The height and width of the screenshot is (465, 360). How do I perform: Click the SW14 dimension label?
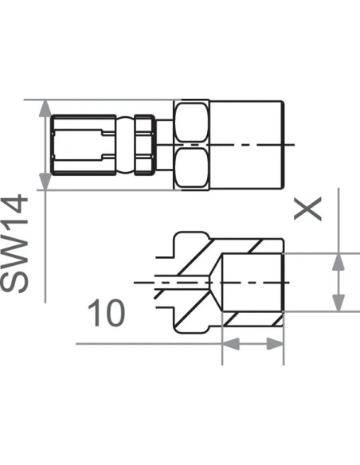coord(14,244)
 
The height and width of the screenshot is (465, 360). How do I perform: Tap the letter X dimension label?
coord(307,209)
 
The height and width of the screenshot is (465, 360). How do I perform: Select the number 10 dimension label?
coord(107,313)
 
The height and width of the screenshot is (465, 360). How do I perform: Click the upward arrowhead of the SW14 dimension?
coord(45,108)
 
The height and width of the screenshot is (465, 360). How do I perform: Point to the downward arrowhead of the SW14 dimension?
coord(45,182)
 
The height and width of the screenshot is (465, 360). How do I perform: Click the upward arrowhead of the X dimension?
coord(338,262)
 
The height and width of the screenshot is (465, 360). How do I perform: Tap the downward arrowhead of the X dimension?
coord(338,303)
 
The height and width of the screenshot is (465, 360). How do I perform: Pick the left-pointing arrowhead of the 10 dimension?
coord(231,344)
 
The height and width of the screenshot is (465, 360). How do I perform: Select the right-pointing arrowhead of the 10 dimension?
coord(276,344)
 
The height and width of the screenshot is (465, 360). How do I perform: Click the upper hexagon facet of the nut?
coord(191,122)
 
